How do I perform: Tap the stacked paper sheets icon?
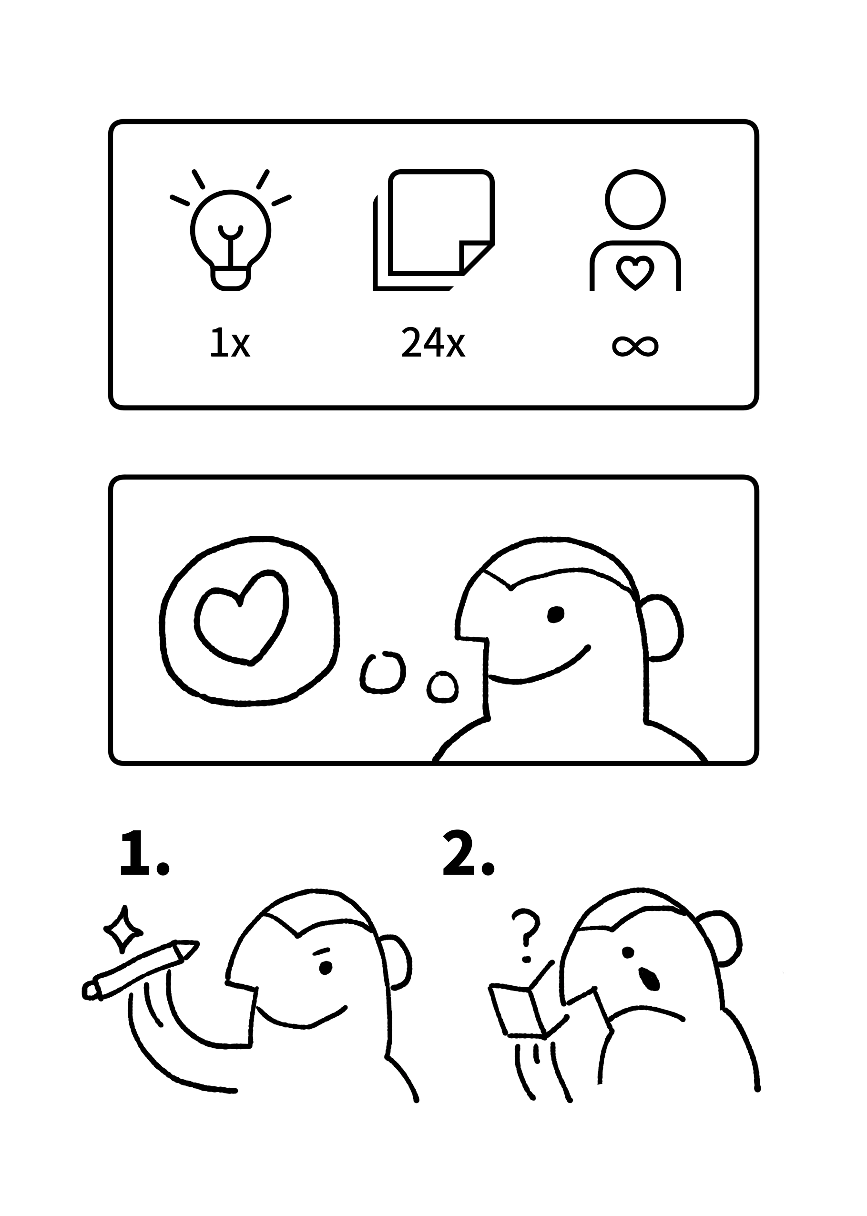[434, 230]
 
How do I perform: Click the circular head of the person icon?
[635, 200]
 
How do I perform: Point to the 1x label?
[230, 343]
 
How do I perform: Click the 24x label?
[433, 343]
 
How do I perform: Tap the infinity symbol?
[635, 347]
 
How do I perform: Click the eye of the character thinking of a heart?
[556, 614]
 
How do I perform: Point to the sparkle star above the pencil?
[123, 930]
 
